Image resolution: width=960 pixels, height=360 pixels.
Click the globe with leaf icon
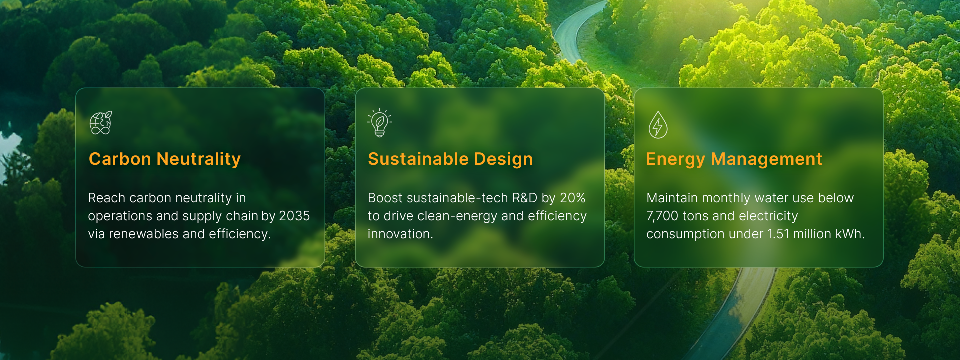tap(100, 122)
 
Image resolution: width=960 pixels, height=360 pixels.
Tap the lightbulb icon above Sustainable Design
tap(379, 122)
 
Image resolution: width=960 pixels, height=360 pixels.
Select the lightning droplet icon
tap(658, 125)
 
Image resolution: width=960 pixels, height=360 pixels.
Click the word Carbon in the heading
tap(120, 159)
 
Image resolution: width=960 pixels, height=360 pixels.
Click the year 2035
tap(294, 216)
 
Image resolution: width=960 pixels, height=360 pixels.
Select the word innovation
tap(400, 234)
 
